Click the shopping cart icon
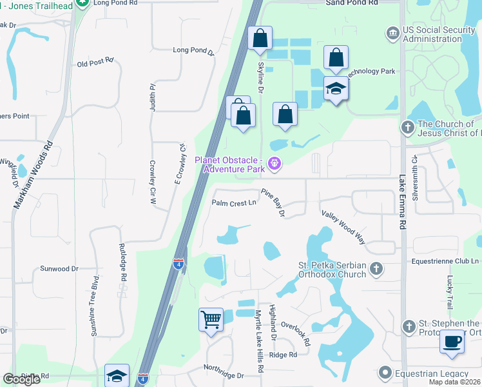tap(211, 319)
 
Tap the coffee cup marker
tap(452, 341)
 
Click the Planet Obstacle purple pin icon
tap(275, 164)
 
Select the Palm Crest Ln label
tap(235, 203)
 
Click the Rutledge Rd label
tap(122, 262)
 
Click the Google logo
tap(22, 379)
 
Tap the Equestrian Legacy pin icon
tap(385, 373)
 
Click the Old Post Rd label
tap(95, 63)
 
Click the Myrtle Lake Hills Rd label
tap(259, 341)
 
